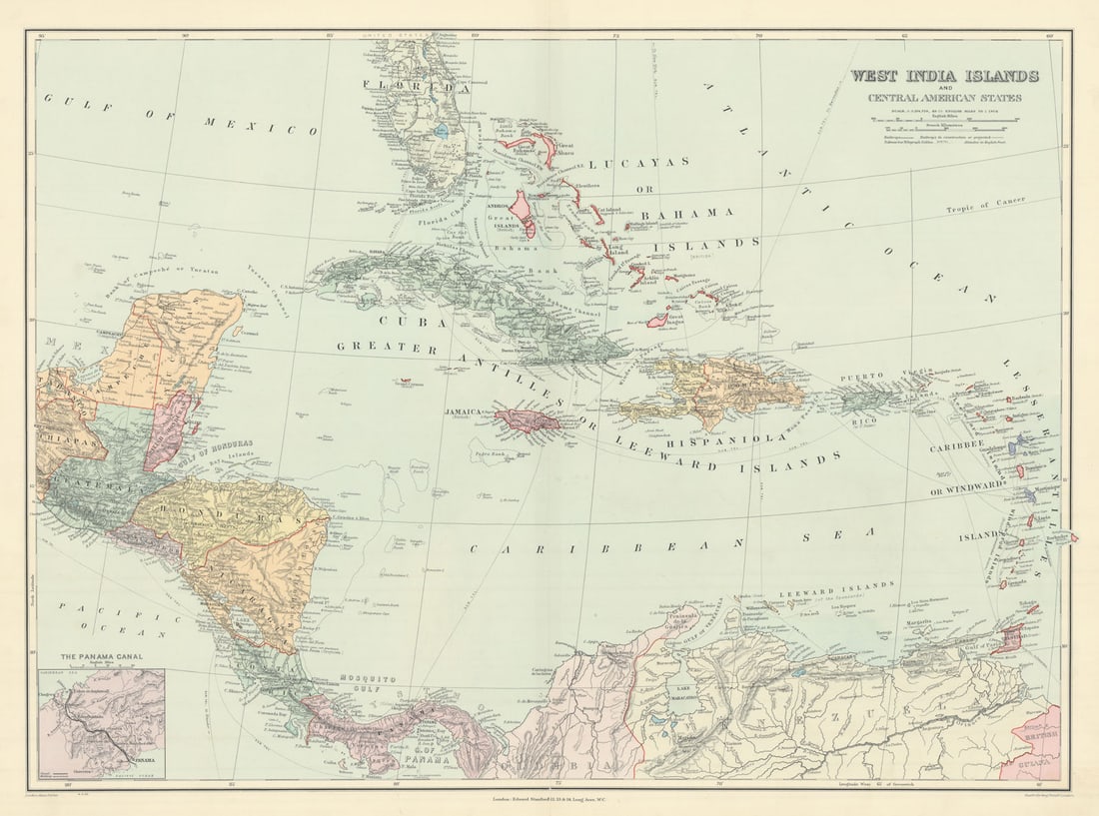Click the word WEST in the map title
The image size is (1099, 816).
pos(876,76)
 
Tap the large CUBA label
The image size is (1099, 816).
pos(400,322)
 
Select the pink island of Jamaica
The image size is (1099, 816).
pos(527,418)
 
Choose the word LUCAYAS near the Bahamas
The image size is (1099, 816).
pos(638,162)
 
